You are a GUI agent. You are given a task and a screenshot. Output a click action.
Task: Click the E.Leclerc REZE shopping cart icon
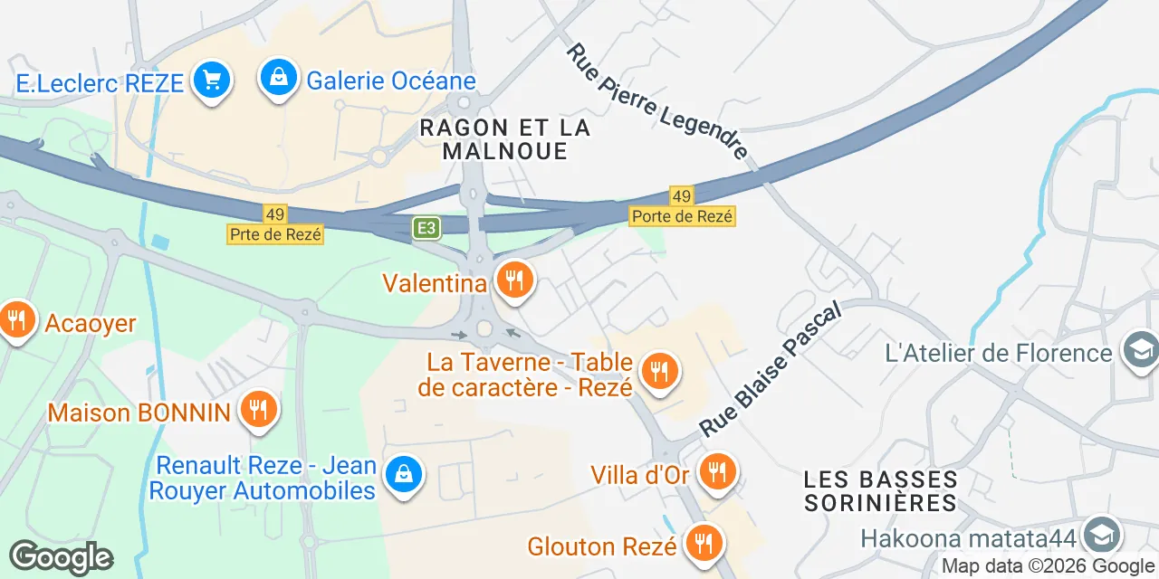pos(212,81)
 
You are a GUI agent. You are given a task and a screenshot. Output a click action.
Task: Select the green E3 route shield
pos(426,228)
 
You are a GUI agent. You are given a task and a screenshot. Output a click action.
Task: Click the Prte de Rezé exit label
pos(274,233)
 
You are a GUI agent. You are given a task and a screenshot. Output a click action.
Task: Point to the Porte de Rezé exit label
pos(682,216)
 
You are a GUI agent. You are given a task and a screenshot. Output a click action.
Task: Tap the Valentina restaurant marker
pos(514,280)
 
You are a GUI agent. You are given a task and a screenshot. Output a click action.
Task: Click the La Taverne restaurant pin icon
pos(658,371)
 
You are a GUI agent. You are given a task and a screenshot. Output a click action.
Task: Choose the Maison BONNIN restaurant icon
pos(259,409)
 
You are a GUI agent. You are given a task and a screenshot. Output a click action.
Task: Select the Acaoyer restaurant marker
pos(16,319)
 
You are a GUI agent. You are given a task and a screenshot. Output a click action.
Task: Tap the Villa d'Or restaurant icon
pos(717,471)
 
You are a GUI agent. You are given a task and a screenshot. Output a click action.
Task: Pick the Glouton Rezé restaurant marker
pos(702,543)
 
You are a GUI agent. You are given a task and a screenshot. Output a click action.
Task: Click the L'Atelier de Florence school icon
pos(1138,350)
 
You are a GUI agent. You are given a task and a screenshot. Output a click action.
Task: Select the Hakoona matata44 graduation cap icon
pos(1101,535)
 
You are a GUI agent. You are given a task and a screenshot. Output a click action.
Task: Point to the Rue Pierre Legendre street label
pos(657,102)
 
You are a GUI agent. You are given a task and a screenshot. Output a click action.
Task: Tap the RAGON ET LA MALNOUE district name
pos(505,139)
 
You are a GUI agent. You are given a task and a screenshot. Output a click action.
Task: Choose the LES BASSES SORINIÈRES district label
pos(880,490)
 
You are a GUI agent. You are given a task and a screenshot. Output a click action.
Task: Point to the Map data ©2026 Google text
pos(1049,566)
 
